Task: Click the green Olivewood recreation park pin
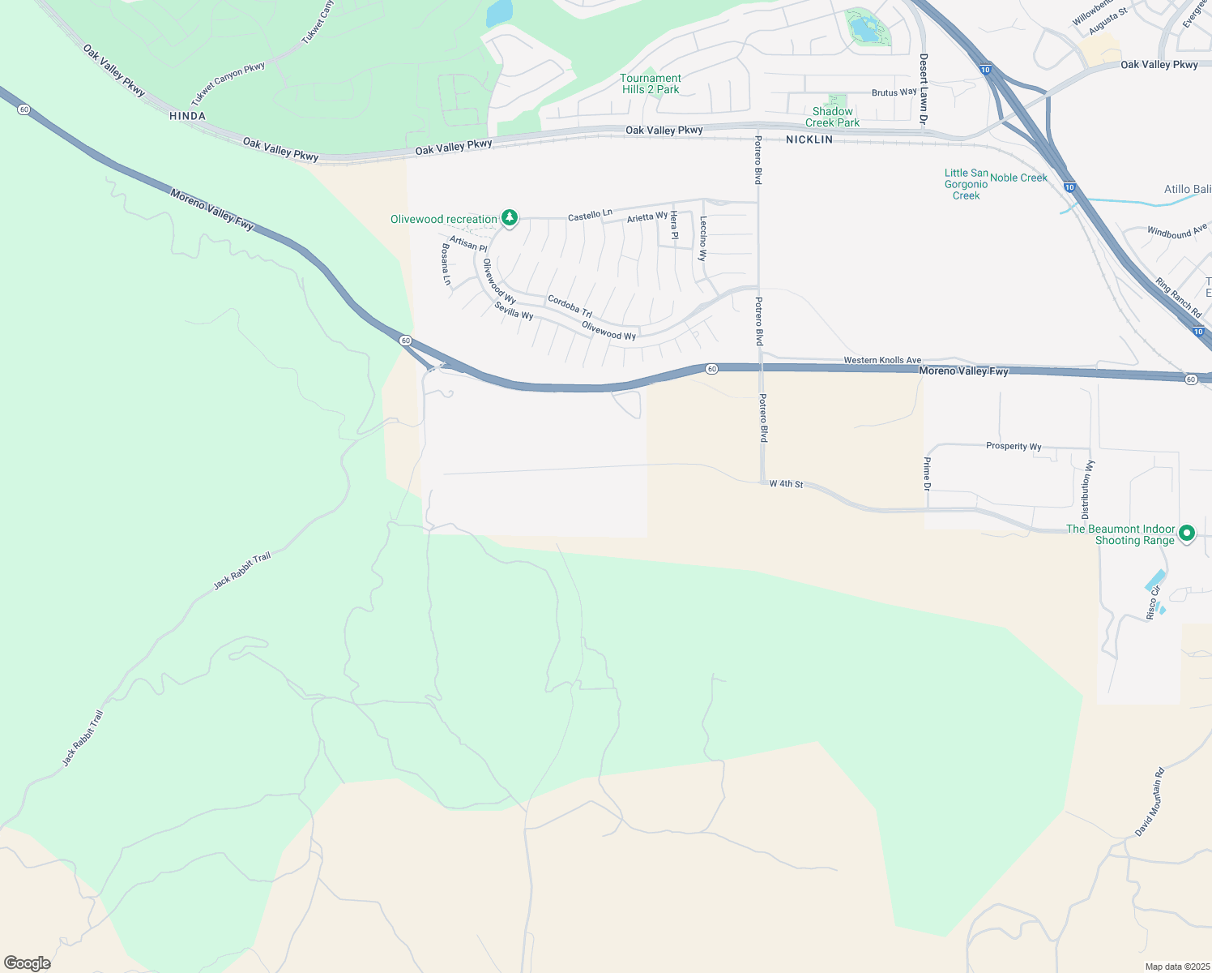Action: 509,218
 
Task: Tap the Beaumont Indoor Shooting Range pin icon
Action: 1187,534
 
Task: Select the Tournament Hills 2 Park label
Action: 651,84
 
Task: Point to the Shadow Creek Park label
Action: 832,117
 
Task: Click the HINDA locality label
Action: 187,116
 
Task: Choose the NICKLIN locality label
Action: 809,139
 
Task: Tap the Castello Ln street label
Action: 590,215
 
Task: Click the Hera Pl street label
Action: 673,225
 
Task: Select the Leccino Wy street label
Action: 703,238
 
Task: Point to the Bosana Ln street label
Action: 446,264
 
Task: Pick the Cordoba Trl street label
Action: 570,306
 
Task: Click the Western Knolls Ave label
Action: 881,360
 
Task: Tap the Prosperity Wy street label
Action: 1014,446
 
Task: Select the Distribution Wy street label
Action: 1086,490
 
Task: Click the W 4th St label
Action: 786,484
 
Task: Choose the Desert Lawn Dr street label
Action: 923,89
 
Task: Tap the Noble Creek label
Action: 1018,178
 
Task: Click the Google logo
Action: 27,963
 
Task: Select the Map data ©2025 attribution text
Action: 1176,967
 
